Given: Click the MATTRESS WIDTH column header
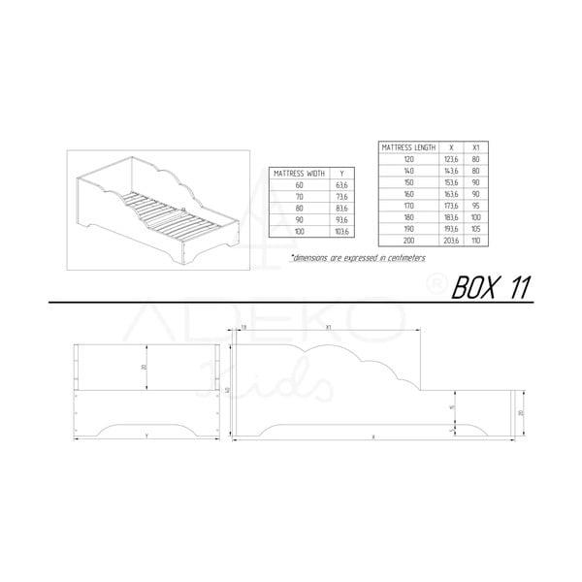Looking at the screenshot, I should [299, 173].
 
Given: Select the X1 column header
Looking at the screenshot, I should [474, 146].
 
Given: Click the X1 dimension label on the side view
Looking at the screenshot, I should [330, 328].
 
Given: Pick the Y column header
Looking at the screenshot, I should [340, 173].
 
